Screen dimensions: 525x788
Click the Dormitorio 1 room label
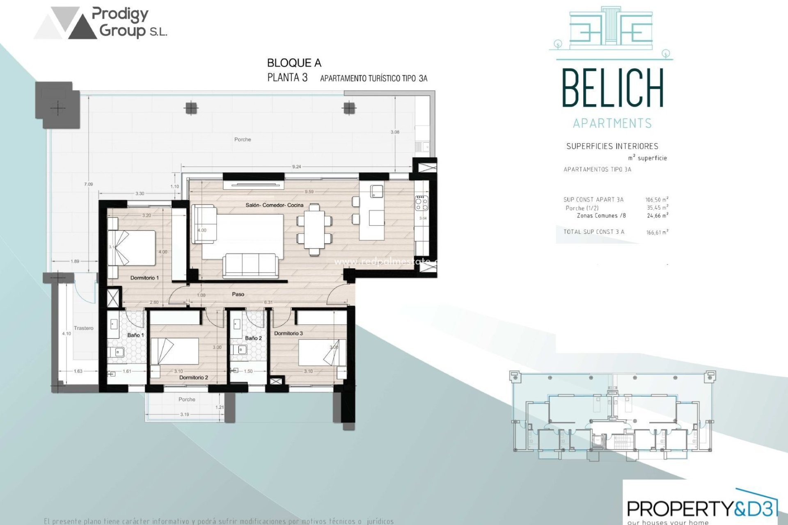[144, 278]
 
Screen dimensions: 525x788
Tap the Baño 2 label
[253, 338]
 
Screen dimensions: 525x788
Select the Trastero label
[84, 328]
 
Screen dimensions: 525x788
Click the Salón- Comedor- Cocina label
[275, 205]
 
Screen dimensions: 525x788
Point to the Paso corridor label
[238, 294]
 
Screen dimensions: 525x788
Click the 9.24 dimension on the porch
[296, 167]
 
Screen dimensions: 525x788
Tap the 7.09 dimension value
[89, 184]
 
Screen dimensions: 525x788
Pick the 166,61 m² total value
[657, 232]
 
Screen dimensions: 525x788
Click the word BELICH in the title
[612, 89]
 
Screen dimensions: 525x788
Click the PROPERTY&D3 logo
[702, 509]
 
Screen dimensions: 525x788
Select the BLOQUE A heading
[294, 63]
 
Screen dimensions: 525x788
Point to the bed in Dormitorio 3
[322, 352]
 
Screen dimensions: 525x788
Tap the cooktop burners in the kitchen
[421, 203]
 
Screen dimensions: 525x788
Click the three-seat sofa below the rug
[250, 265]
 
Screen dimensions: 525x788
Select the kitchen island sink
[377, 191]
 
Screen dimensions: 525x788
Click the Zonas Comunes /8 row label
[601, 215]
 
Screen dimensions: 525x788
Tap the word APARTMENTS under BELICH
[612, 123]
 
